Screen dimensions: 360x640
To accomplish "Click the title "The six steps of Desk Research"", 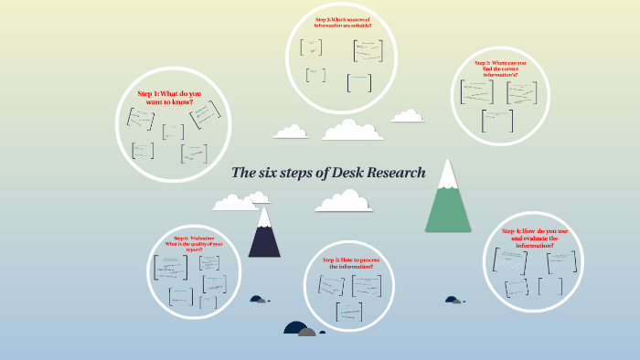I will (328, 173).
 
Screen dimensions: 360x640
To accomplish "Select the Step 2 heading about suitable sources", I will (342, 22).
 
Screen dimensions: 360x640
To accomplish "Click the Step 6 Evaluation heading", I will (193, 241).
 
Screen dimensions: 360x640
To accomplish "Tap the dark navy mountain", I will (265, 239).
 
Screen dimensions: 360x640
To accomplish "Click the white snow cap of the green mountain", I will (447, 175).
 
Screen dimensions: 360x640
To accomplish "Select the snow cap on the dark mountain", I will (265, 217).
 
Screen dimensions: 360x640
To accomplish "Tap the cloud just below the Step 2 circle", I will (353, 131).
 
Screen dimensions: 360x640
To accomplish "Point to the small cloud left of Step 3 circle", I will (407, 116).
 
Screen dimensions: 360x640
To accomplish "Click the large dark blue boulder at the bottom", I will (294, 328).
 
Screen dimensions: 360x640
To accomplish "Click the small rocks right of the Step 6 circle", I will (260, 299).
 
